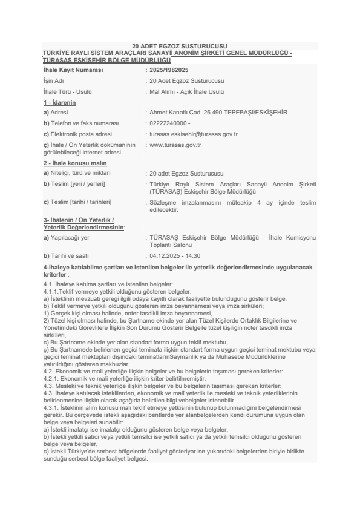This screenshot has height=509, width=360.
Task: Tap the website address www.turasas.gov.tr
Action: click(175, 145)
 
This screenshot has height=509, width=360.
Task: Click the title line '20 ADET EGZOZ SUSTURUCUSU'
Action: click(180, 46)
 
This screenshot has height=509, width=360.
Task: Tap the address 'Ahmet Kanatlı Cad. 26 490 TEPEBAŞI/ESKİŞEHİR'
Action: click(218, 113)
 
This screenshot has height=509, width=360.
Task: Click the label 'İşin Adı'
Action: click(54, 80)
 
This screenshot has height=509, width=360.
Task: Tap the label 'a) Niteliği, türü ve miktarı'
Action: click(77, 173)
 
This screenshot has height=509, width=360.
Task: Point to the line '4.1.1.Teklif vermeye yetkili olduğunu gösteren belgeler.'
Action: click(105, 292)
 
